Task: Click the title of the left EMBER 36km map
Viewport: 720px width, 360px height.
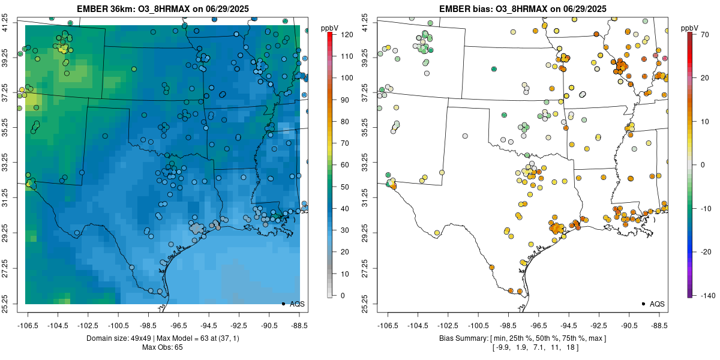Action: (161, 9)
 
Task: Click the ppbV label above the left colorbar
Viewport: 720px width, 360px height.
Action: (330, 28)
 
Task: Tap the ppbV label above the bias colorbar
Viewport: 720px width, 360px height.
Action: (689, 28)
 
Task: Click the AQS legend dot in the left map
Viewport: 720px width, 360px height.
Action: (283, 304)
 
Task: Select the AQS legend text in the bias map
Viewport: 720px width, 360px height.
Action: (657, 304)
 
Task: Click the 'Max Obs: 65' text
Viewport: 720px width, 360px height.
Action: (162, 347)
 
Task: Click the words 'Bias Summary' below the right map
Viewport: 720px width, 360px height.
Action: (461, 338)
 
